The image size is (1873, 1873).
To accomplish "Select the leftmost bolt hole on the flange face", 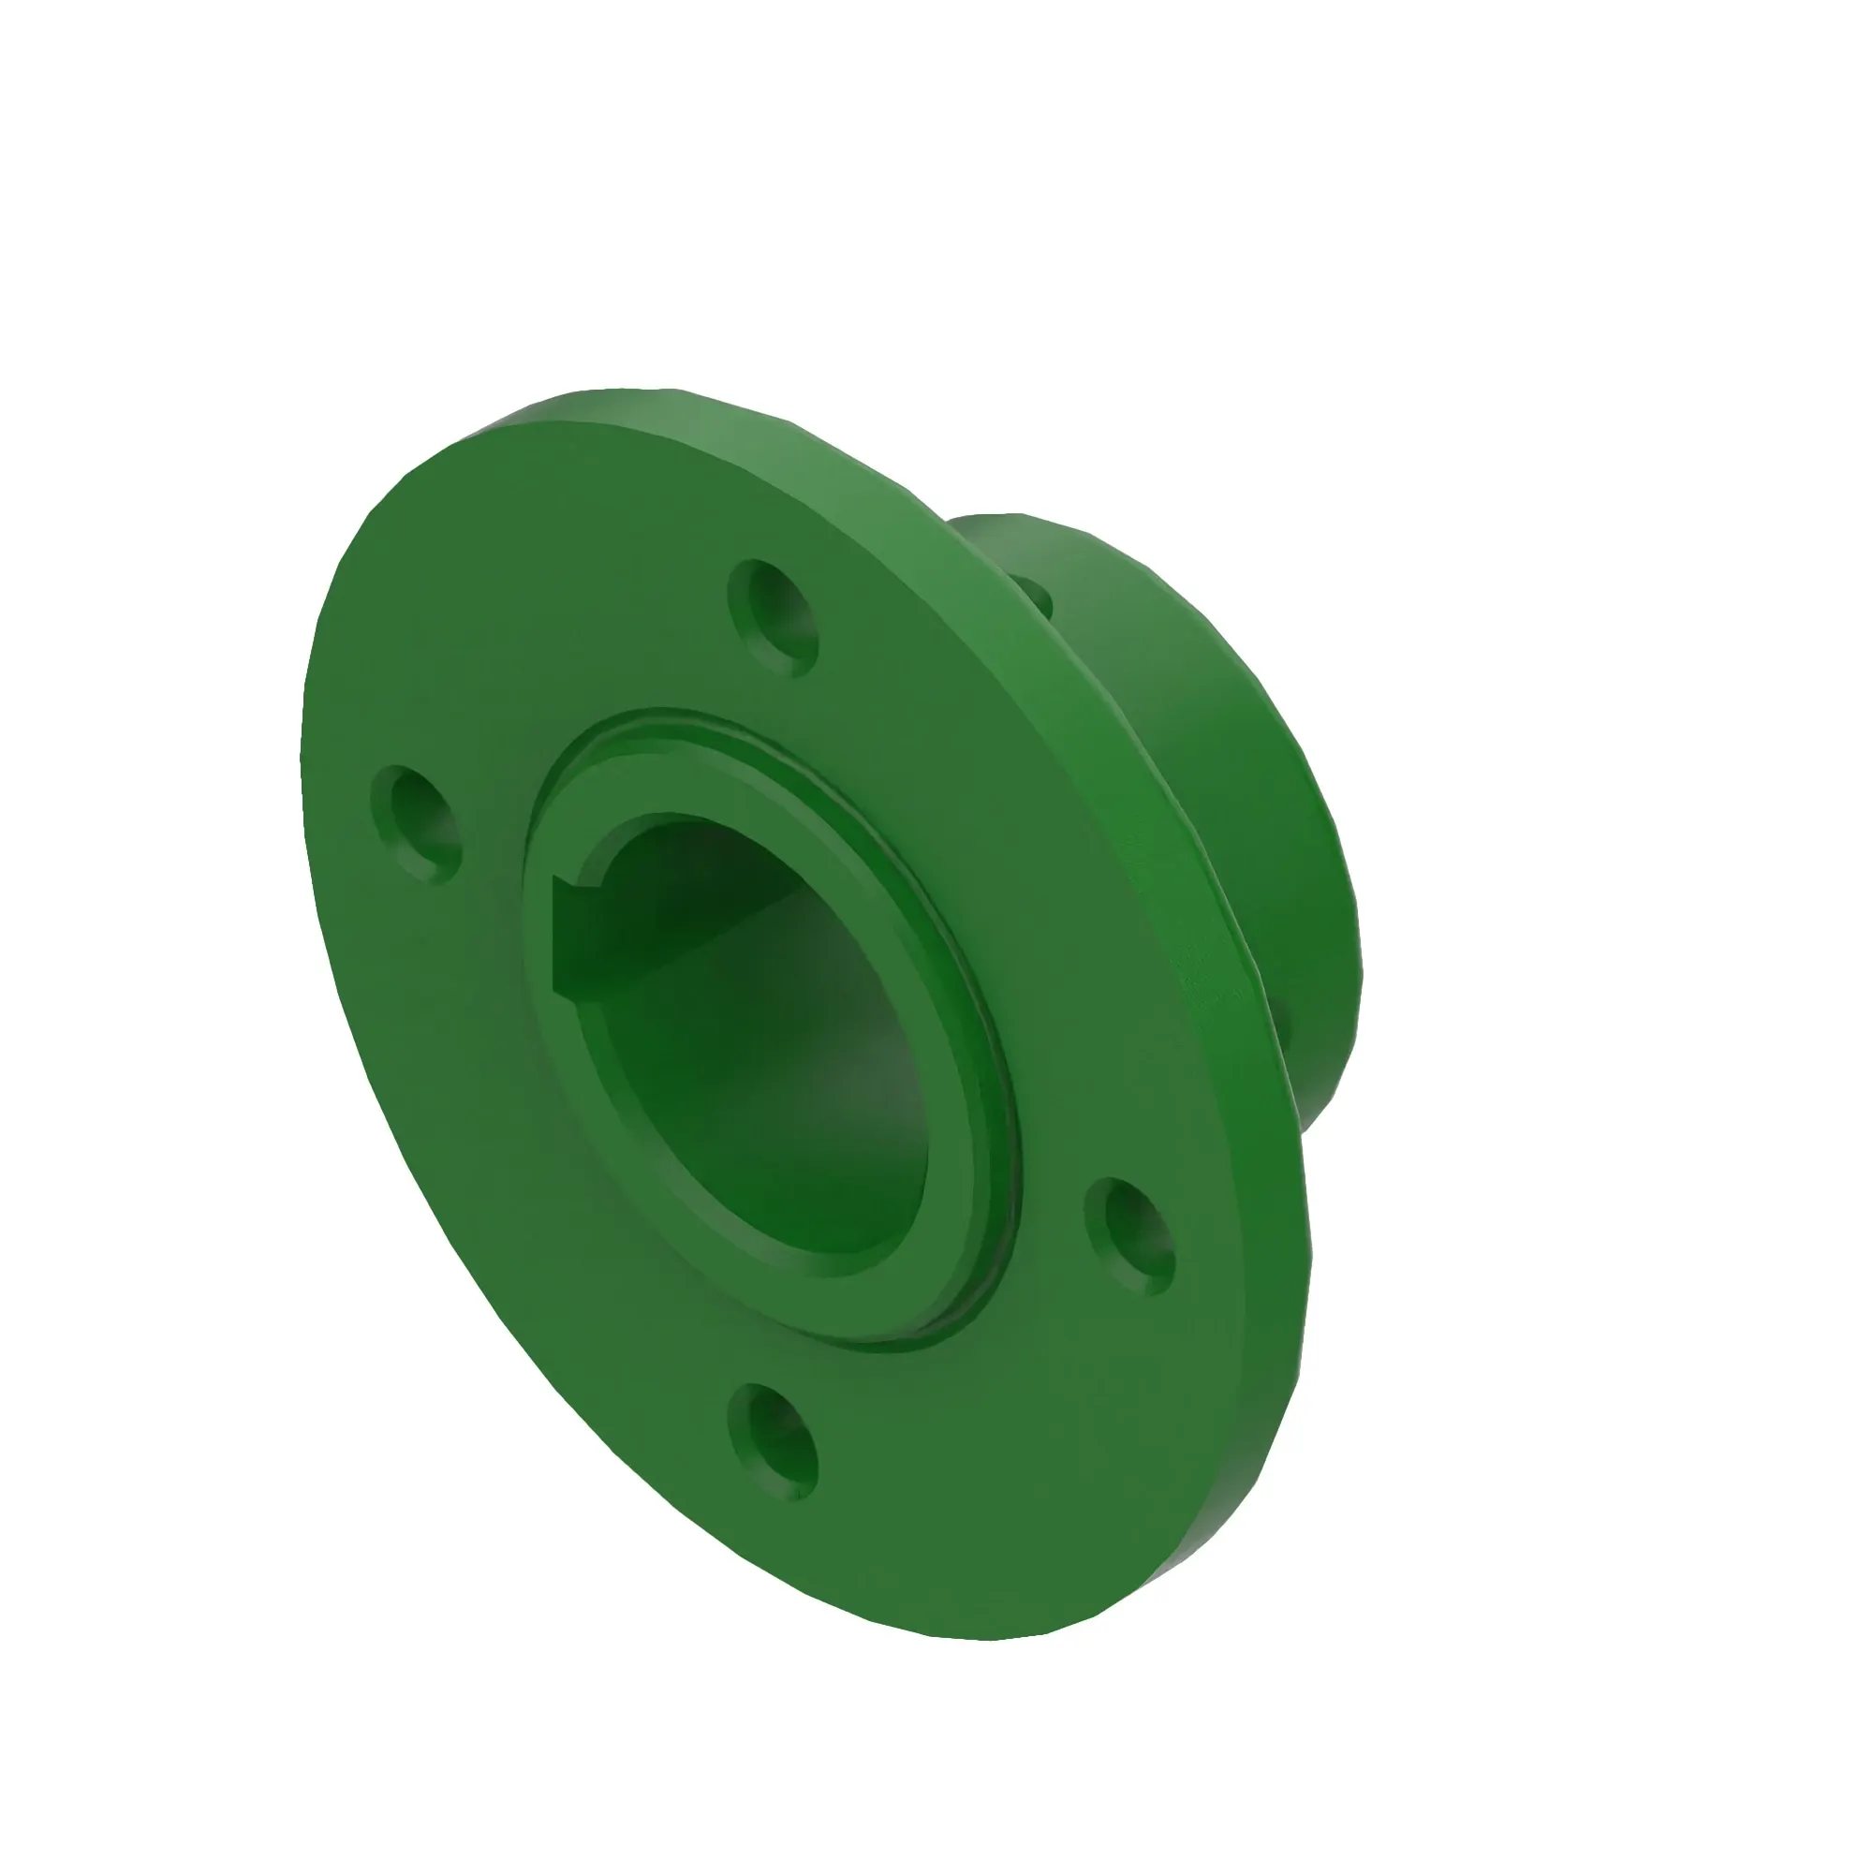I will click(416, 825).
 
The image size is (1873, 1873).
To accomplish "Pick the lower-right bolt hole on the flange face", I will click(1129, 1236).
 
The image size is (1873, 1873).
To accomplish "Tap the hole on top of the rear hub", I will click(1034, 594).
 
